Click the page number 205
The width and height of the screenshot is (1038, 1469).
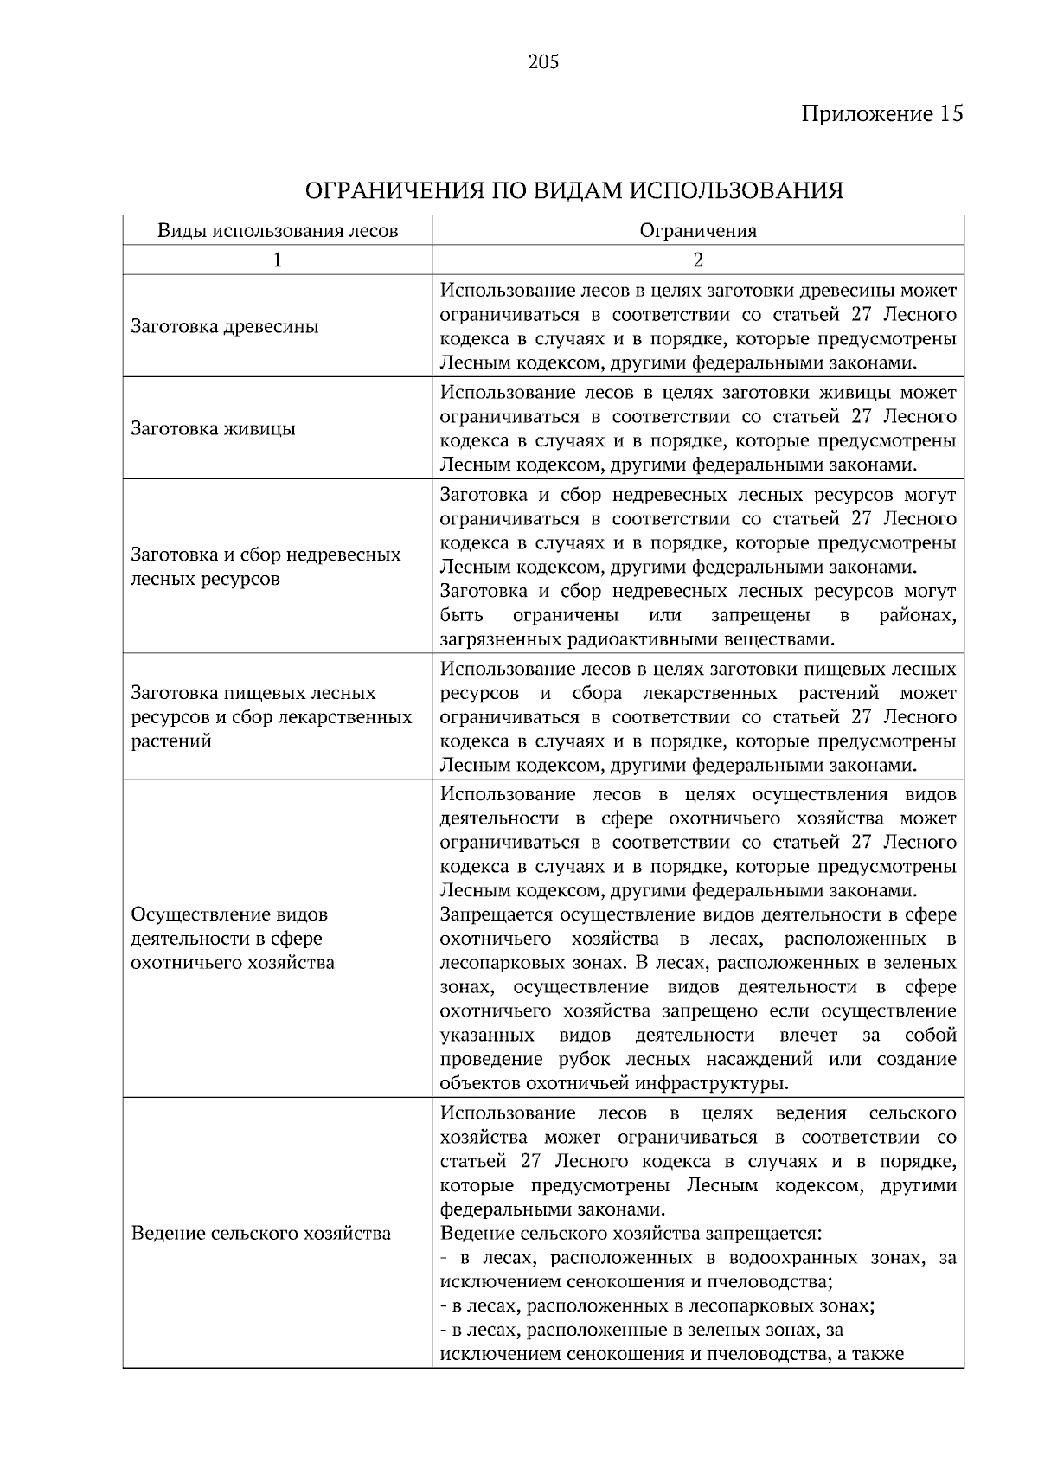543,62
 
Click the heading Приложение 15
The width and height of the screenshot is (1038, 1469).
882,114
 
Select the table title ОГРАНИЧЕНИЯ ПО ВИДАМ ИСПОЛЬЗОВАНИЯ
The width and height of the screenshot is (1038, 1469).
574,190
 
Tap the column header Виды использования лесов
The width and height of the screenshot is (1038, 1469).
278,231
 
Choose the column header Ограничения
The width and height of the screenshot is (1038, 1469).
698,231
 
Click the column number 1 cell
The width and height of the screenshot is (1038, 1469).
278,260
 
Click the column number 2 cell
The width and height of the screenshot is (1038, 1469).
698,260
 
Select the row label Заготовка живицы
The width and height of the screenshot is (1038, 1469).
214,429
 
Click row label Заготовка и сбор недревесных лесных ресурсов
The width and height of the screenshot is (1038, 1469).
266,567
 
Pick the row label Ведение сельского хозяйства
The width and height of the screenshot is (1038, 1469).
260,1233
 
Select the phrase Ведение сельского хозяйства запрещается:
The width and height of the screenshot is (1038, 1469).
630,1233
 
